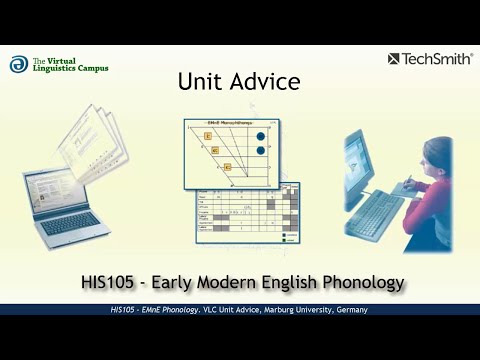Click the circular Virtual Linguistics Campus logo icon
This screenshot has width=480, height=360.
coord(19,64)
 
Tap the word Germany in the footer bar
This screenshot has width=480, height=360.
coord(348,310)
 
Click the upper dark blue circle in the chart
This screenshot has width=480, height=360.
coord(261,132)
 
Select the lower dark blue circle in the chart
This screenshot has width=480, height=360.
coord(261,151)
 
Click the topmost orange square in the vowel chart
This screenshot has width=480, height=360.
coord(208,134)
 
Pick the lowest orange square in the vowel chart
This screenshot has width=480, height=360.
coord(227,167)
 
